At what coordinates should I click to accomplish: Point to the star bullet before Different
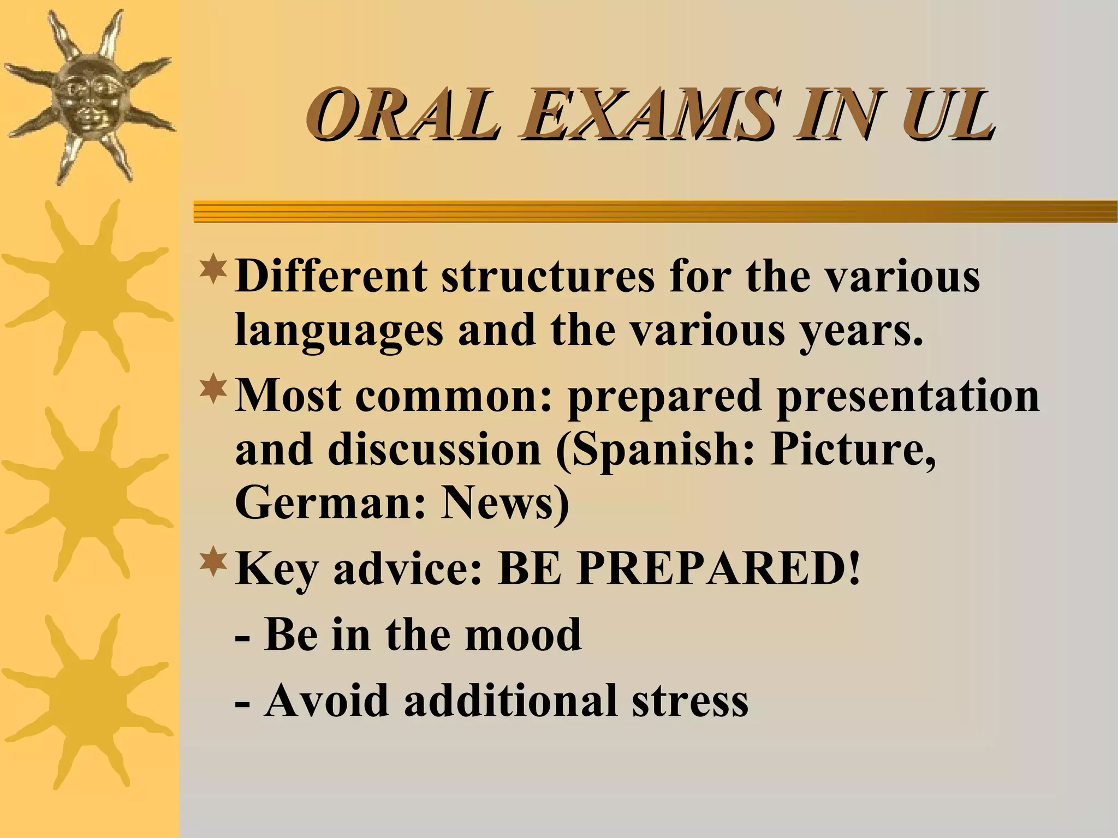pyautogui.click(x=213, y=270)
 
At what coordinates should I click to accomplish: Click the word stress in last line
pyautogui.click(x=690, y=701)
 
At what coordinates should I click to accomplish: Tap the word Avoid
pyautogui.click(x=326, y=701)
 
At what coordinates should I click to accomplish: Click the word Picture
pyautogui.click(x=853, y=451)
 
